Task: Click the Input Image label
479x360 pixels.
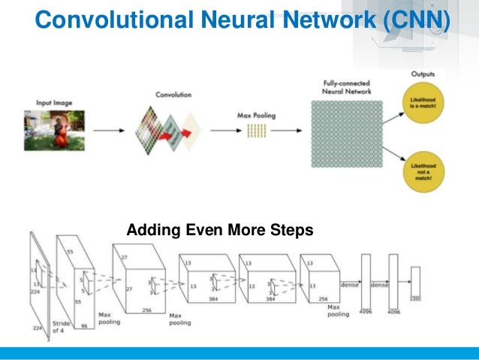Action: [x=52, y=102]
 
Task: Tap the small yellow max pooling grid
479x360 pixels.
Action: [x=258, y=132]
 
